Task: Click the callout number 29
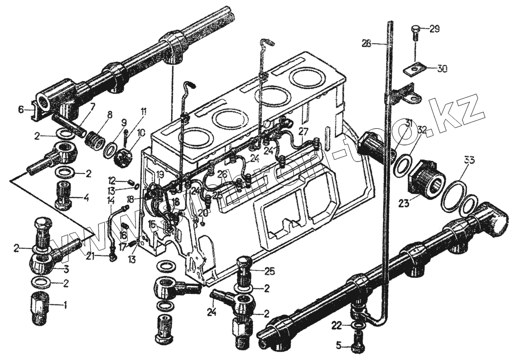(434, 29)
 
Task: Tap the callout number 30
(442, 68)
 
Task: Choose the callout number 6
(21, 110)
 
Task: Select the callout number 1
(65, 305)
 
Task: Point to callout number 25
(269, 271)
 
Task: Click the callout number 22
(336, 325)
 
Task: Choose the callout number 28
(367, 44)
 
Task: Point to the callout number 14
(111, 201)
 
